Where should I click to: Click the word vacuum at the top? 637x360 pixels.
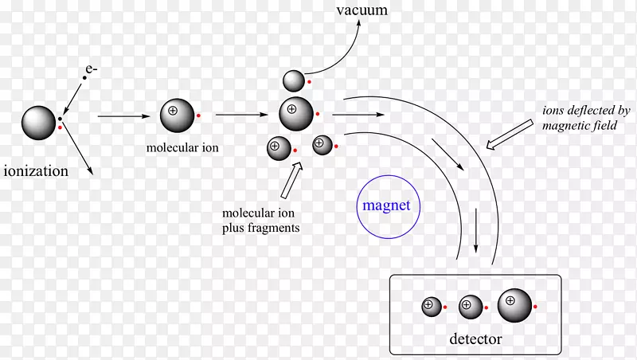pos(362,10)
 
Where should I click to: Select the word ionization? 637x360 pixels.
pos(36,170)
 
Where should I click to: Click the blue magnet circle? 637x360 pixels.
pos(386,205)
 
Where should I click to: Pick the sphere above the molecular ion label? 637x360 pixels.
pos(177,116)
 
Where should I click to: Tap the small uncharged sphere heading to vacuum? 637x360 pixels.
pos(294,80)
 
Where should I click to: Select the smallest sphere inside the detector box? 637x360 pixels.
pos(431,306)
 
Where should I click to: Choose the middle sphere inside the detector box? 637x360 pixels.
pos(471,305)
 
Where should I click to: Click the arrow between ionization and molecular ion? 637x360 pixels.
pos(124,117)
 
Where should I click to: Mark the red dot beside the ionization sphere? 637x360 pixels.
pos(61,127)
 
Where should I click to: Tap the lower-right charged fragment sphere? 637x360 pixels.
pos(322,145)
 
